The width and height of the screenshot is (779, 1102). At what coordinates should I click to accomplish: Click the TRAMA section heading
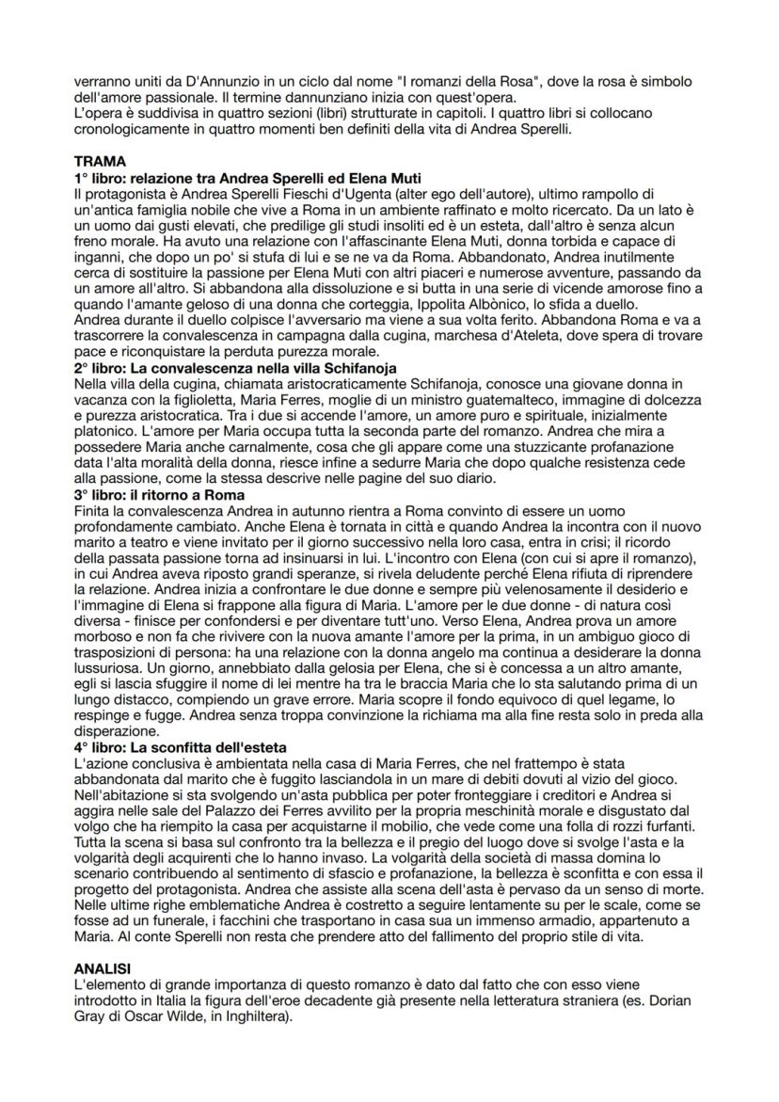[x=100, y=161]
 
